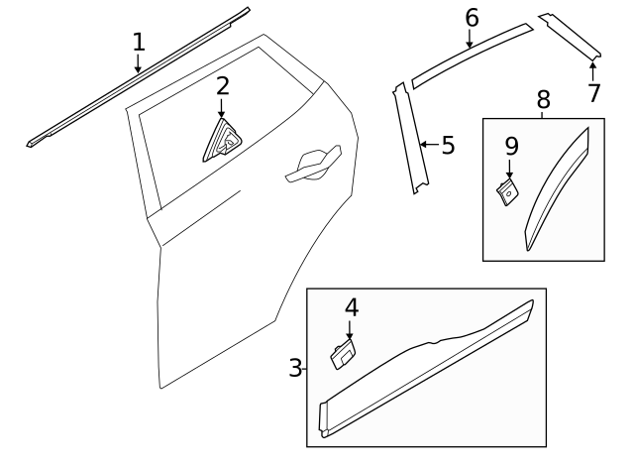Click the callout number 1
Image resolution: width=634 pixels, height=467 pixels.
(139, 42)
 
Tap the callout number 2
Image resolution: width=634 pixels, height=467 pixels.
(222, 86)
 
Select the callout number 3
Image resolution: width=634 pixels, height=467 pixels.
(295, 369)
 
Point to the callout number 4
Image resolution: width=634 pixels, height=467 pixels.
(350, 307)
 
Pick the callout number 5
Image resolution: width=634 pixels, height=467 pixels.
(448, 146)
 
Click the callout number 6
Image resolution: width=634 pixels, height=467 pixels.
(472, 17)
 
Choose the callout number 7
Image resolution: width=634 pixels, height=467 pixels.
(593, 93)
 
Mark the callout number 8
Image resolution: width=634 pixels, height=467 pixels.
(543, 99)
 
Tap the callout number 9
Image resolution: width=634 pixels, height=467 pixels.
(511, 147)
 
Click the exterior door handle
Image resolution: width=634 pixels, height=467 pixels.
(312, 166)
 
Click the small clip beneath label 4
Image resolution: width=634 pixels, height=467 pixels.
(343, 354)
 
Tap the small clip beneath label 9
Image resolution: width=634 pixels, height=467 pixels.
(506, 190)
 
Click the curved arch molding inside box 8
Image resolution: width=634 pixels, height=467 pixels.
(558, 189)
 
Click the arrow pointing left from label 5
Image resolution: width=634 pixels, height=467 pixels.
(428, 146)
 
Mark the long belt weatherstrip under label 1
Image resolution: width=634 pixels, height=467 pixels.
(139, 77)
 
